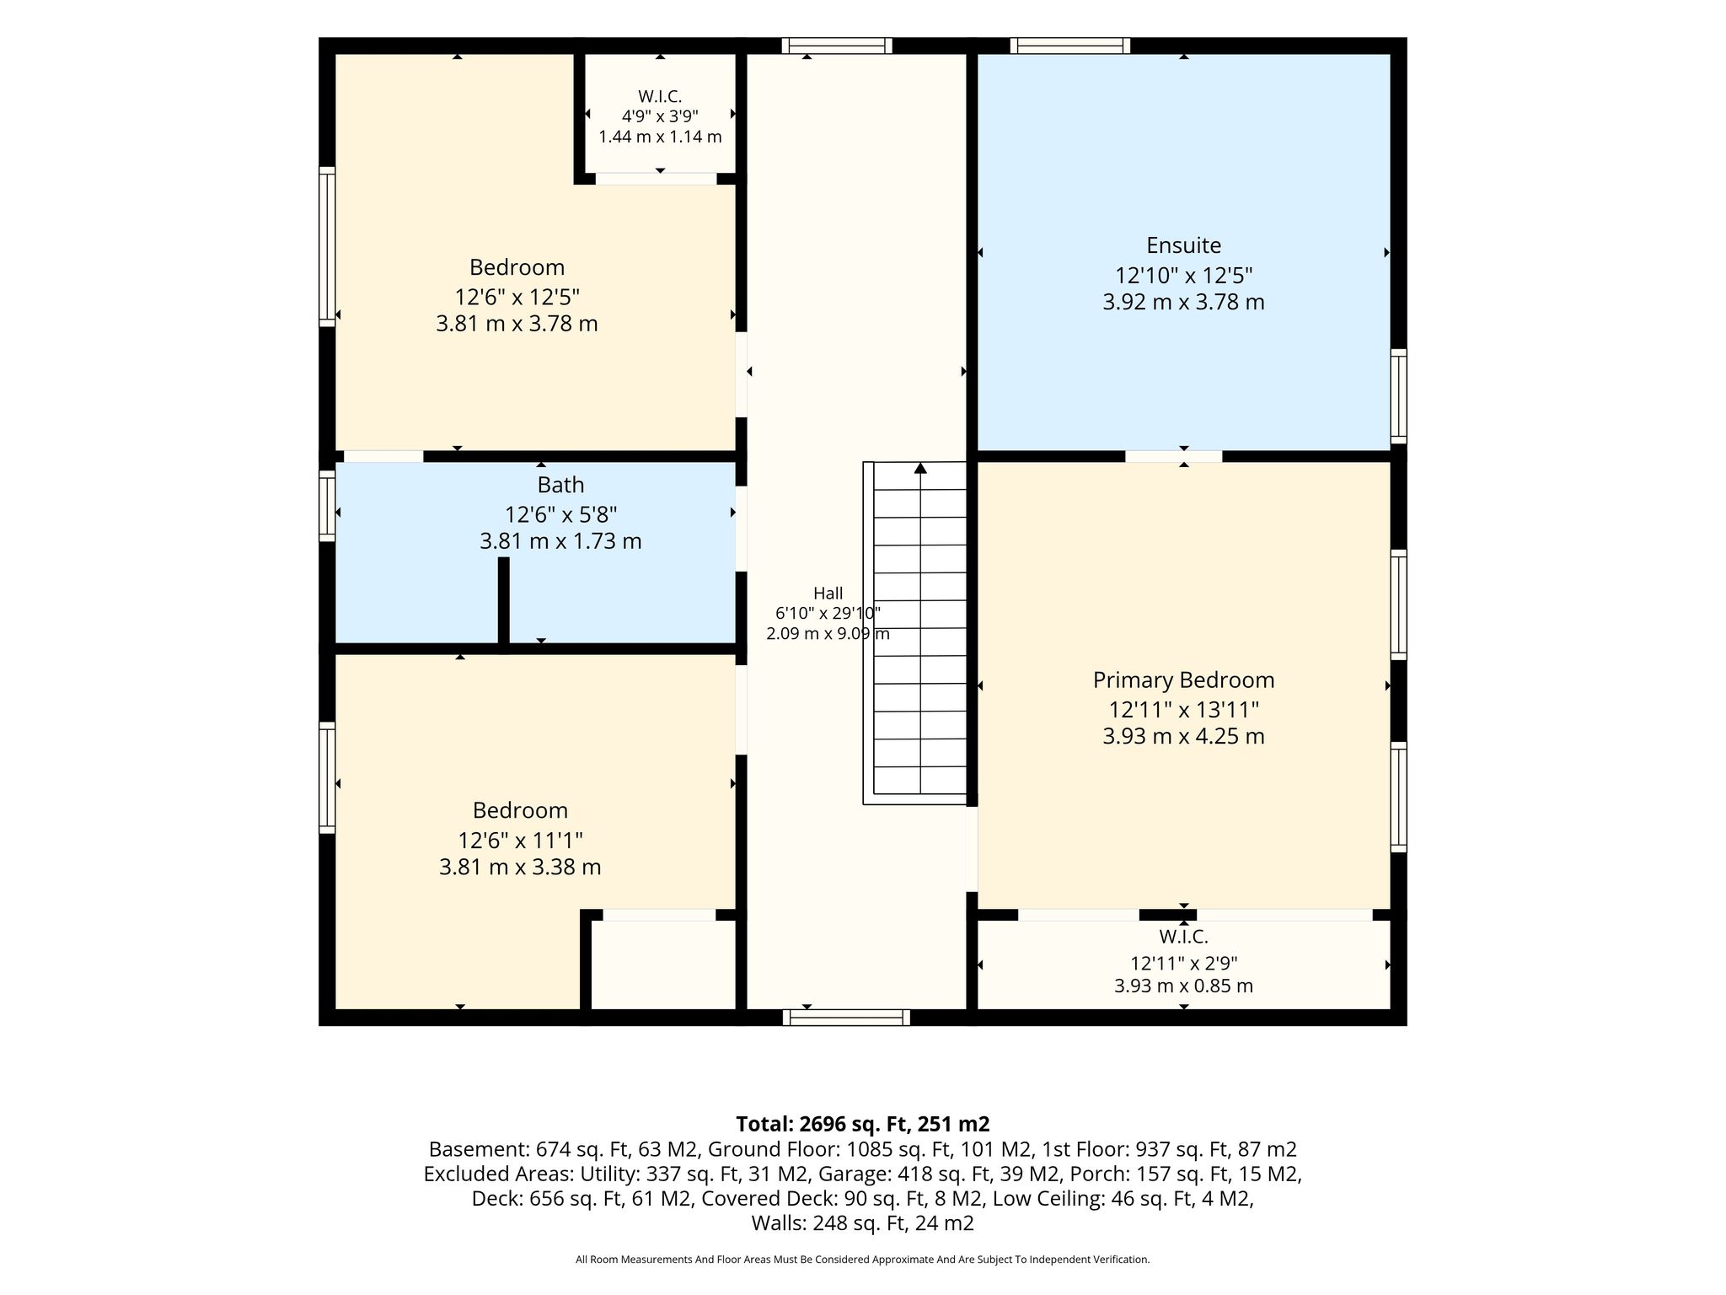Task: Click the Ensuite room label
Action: tap(1183, 245)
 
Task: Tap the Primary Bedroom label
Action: tap(1183, 680)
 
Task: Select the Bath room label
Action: tap(560, 485)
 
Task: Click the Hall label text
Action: tap(828, 594)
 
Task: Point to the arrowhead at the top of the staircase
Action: tap(920, 468)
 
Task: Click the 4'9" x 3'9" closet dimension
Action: tap(660, 116)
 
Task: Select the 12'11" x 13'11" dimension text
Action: tap(1183, 709)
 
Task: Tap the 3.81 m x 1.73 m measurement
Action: tap(560, 541)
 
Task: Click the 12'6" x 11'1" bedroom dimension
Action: tap(520, 841)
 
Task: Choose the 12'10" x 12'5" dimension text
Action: tap(1183, 276)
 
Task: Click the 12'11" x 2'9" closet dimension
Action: tap(1183, 963)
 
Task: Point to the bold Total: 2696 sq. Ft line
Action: tap(862, 1124)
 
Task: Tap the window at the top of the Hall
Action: tap(836, 46)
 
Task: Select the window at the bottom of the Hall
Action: tap(846, 1018)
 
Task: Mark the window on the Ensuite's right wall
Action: tap(1398, 395)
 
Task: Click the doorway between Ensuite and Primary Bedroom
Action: tap(1173, 456)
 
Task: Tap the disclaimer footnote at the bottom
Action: tap(862, 1260)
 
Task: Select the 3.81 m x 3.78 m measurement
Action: tap(517, 324)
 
